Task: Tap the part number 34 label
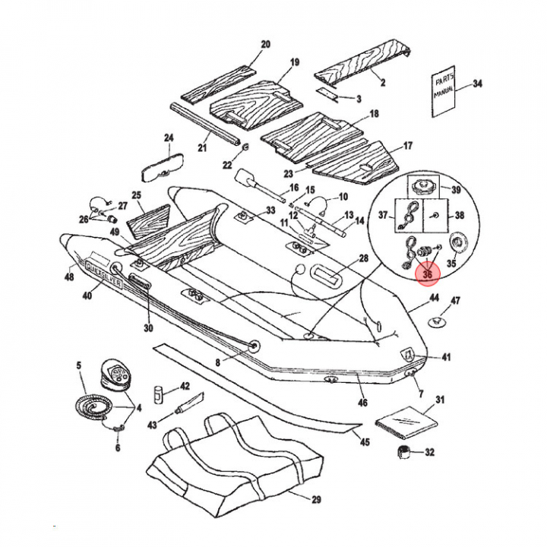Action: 477,84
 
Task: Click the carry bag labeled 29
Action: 236,463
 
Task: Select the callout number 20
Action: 265,45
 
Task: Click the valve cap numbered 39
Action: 422,186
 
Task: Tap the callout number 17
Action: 408,145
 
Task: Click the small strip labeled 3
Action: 329,96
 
